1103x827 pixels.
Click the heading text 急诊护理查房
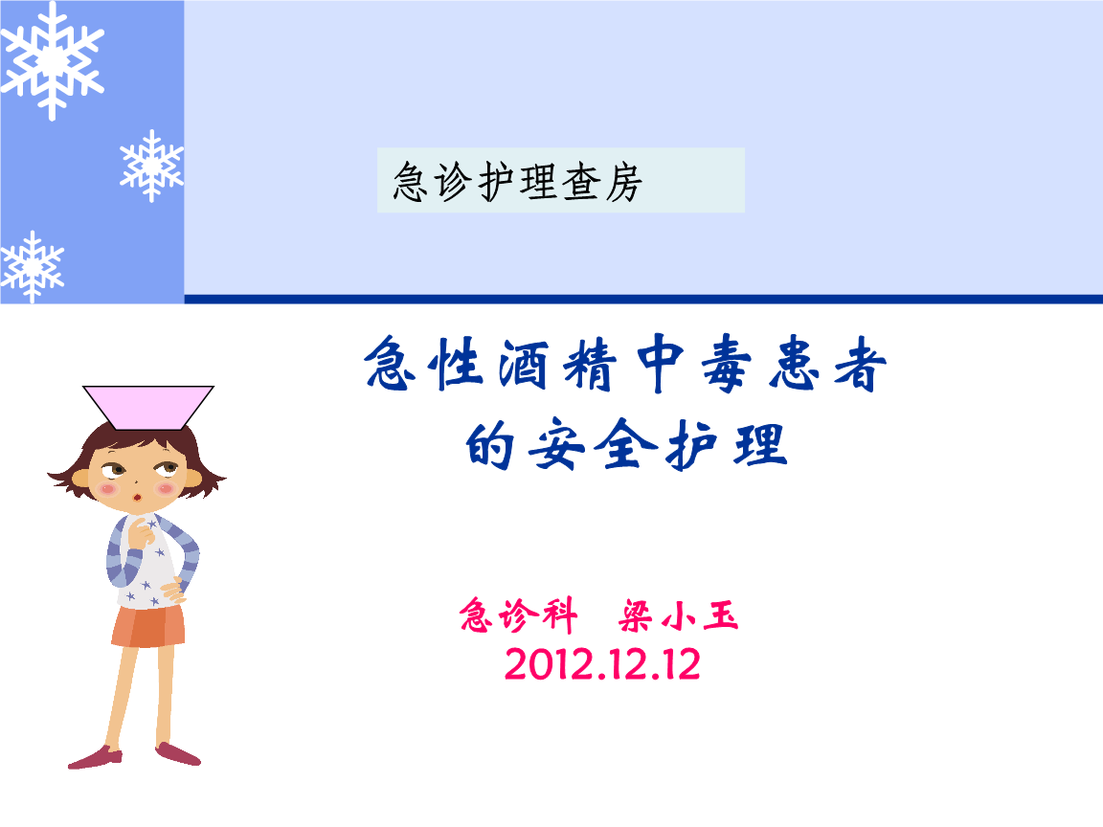click(517, 182)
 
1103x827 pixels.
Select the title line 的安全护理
click(626, 445)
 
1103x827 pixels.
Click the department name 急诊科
click(517, 615)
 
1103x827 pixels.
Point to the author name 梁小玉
click(680, 615)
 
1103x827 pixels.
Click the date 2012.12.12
click(602, 665)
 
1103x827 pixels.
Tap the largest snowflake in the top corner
click(52, 59)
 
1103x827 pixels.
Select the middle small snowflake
click(151, 166)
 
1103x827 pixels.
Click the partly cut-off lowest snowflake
click(31, 265)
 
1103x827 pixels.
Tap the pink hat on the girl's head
click(148, 406)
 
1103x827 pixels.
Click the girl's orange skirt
click(148, 625)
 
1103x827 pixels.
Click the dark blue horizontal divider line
click(642, 300)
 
